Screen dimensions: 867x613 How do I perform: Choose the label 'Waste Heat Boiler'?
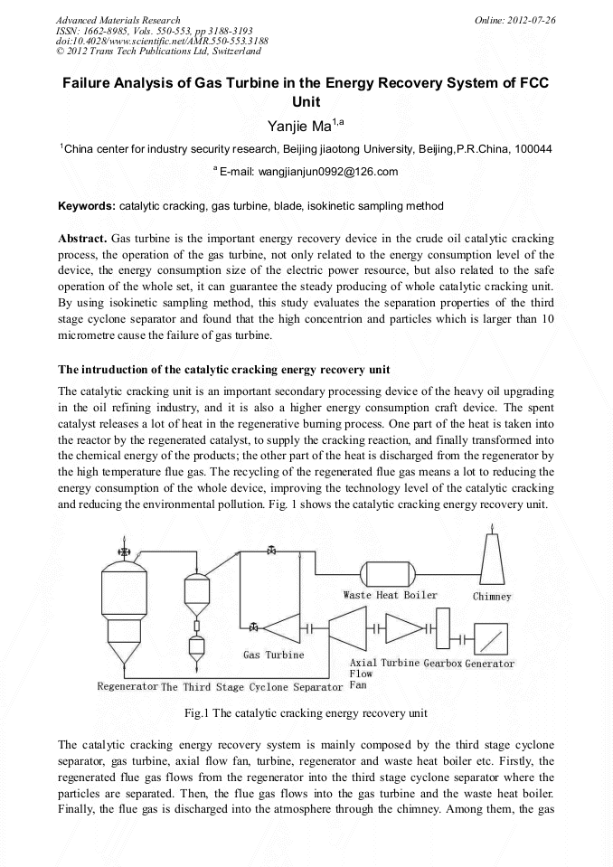coord(390,595)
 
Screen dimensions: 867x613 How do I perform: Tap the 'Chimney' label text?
coord(492,597)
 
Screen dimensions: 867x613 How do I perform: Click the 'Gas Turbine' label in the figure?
coord(273,655)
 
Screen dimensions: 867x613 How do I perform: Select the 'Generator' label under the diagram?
coord(490,664)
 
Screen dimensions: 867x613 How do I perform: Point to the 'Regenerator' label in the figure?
coord(127,686)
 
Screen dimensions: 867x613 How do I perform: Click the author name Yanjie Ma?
coord(306,124)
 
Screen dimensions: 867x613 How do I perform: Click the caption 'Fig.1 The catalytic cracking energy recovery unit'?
coord(306,713)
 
